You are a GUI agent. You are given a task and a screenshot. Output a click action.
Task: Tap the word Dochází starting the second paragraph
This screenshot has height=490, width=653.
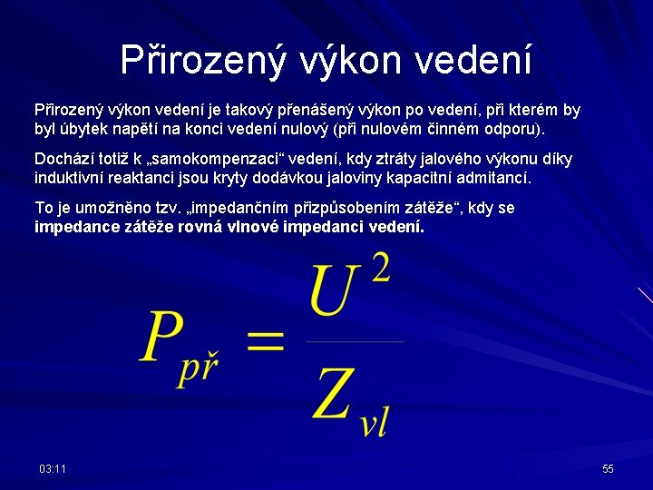pyautogui.click(x=65, y=160)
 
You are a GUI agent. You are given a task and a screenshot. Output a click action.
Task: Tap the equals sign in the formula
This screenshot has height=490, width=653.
pyautogui.click(x=265, y=342)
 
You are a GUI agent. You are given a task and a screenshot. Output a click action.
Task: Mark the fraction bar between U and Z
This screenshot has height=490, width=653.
pyautogui.click(x=355, y=341)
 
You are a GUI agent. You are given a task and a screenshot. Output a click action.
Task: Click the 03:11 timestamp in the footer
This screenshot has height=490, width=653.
pyautogui.click(x=53, y=468)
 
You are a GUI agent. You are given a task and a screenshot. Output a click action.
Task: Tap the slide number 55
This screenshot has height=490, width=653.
pyautogui.click(x=608, y=468)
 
